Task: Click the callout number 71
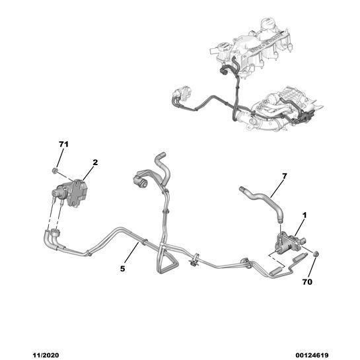[x=63, y=145]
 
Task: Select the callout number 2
[x=95, y=162]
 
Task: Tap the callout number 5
[x=122, y=268]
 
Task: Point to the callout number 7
[x=284, y=176]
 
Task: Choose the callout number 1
[x=305, y=215]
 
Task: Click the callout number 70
[x=307, y=281]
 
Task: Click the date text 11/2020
[x=46, y=355]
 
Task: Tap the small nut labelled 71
[x=55, y=170]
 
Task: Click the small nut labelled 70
[x=316, y=254]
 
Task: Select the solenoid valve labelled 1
[x=291, y=244]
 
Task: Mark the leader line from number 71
[x=59, y=158]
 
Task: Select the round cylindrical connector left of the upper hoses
[x=140, y=182]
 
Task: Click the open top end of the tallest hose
[x=162, y=154]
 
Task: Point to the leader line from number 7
[x=276, y=189]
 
